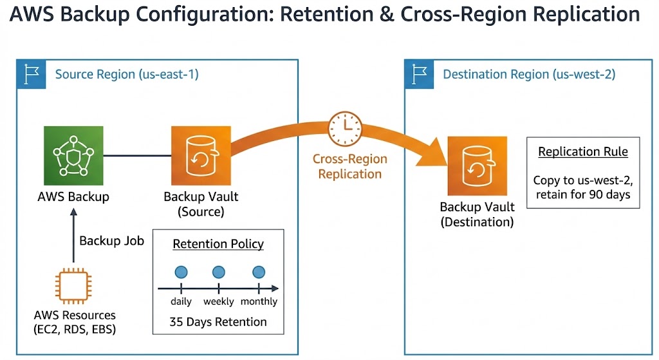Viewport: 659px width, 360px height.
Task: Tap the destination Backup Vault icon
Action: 477,166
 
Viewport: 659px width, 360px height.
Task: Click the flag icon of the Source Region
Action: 31,75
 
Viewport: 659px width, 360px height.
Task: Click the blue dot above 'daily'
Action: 181,272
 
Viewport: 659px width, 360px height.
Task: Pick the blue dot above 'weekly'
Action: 219,272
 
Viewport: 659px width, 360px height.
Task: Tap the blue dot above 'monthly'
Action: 259,272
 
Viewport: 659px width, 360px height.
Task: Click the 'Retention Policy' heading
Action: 218,244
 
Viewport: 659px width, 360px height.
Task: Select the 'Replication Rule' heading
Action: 583,152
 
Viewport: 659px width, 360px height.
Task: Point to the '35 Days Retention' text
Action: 218,321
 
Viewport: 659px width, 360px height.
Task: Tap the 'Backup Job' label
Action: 111,241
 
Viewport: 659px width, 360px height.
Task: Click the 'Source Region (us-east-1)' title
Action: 127,75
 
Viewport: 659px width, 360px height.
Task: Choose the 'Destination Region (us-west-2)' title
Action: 529,75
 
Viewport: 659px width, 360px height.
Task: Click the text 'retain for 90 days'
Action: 583,194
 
